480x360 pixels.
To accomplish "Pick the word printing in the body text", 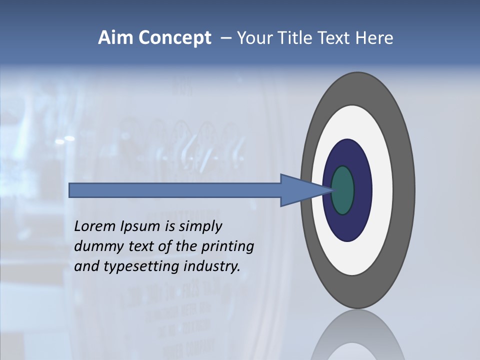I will (x=229, y=247).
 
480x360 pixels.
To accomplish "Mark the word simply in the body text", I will (x=199, y=227).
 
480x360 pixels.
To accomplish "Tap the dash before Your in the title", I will (x=226, y=38).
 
